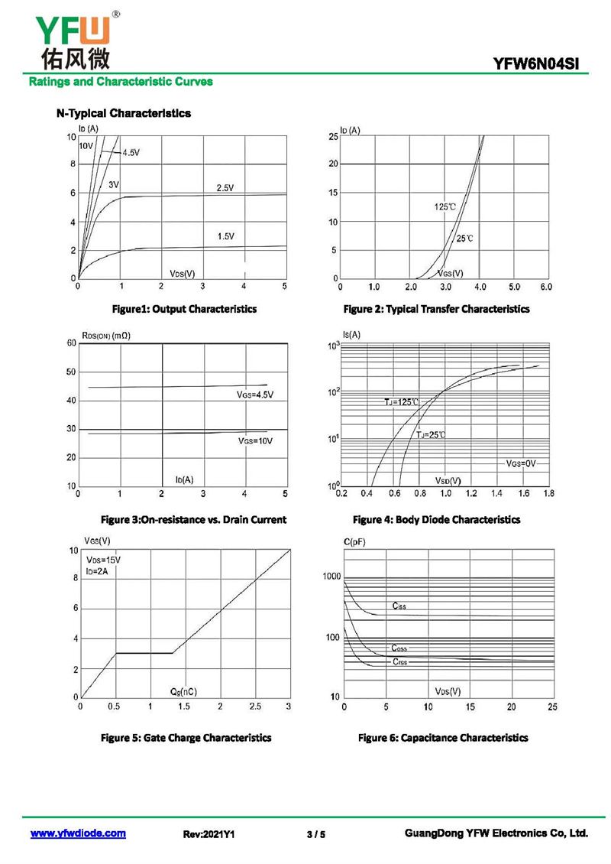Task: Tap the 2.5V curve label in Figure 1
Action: [225, 187]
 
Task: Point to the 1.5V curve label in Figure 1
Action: [225, 236]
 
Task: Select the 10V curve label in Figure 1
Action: [86, 145]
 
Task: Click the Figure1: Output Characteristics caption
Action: [184, 309]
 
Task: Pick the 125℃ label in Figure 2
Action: [445, 207]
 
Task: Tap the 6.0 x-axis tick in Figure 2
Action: [545, 287]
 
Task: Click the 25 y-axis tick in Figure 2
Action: [333, 136]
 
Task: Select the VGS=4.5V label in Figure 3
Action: [255, 395]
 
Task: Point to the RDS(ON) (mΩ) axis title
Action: [105, 336]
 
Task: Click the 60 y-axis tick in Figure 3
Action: [71, 343]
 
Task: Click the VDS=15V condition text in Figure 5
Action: [103, 560]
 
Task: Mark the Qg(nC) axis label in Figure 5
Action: [183, 691]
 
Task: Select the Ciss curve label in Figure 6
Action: [399, 606]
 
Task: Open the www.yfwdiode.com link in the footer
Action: [78, 833]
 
